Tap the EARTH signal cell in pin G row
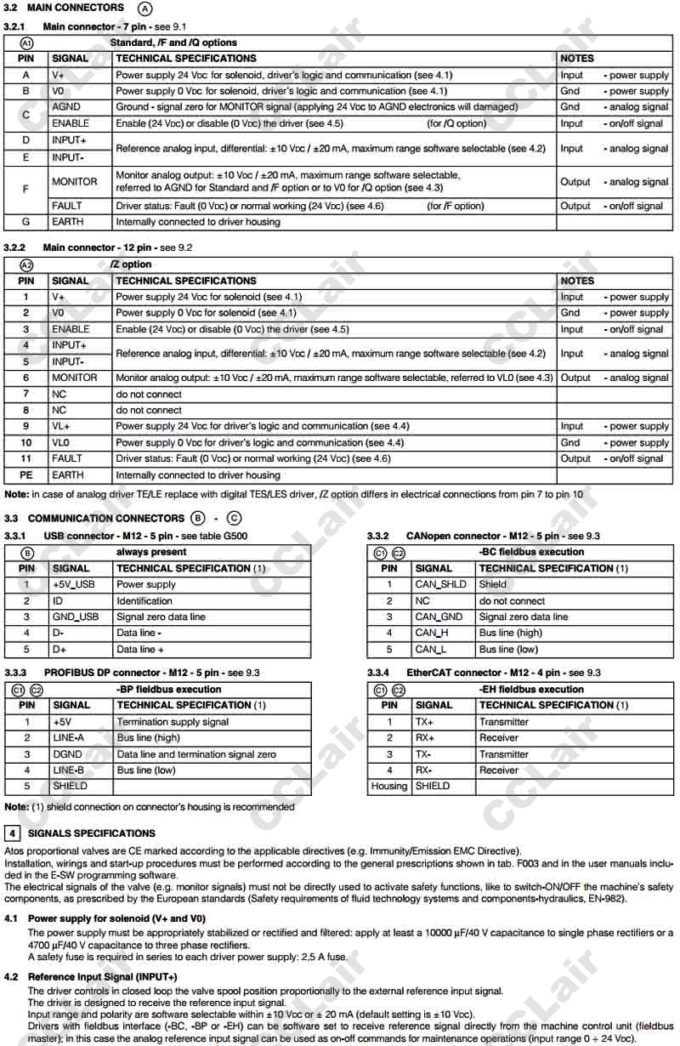68,222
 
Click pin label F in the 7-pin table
25,190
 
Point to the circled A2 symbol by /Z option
26,264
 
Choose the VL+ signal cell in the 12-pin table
61,426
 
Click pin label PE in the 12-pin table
26,475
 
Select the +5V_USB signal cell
74,584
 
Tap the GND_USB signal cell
76,617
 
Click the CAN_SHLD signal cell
440,584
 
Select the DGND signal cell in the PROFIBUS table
68,754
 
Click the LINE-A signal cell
69,738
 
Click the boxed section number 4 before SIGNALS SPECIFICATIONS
13,833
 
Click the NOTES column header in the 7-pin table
577,59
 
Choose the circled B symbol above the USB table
27,552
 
